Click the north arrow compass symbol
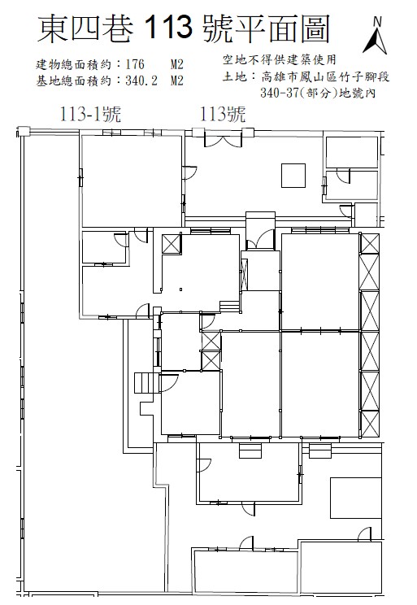point(375,36)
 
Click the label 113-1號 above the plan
point(90,114)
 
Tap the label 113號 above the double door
point(223,114)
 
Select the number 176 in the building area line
point(135,64)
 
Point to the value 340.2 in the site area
point(141,81)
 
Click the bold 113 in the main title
point(169,28)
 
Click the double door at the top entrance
point(223,140)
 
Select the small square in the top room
point(293,176)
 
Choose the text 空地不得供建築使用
point(280,59)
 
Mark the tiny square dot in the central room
point(180,289)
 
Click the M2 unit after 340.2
point(176,81)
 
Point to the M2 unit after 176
point(176,64)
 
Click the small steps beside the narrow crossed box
point(229,307)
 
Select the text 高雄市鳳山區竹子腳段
point(325,76)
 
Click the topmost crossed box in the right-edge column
point(369,243)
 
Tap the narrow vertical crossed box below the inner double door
point(244,274)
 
